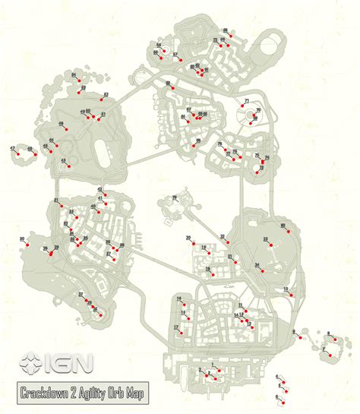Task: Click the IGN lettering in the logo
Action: coord(71,363)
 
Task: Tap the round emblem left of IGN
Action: coord(31,363)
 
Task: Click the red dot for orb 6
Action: coord(333,336)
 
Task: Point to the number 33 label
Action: coord(266,239)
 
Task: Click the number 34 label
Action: coord(257,264)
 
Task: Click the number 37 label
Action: coord(80,294)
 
